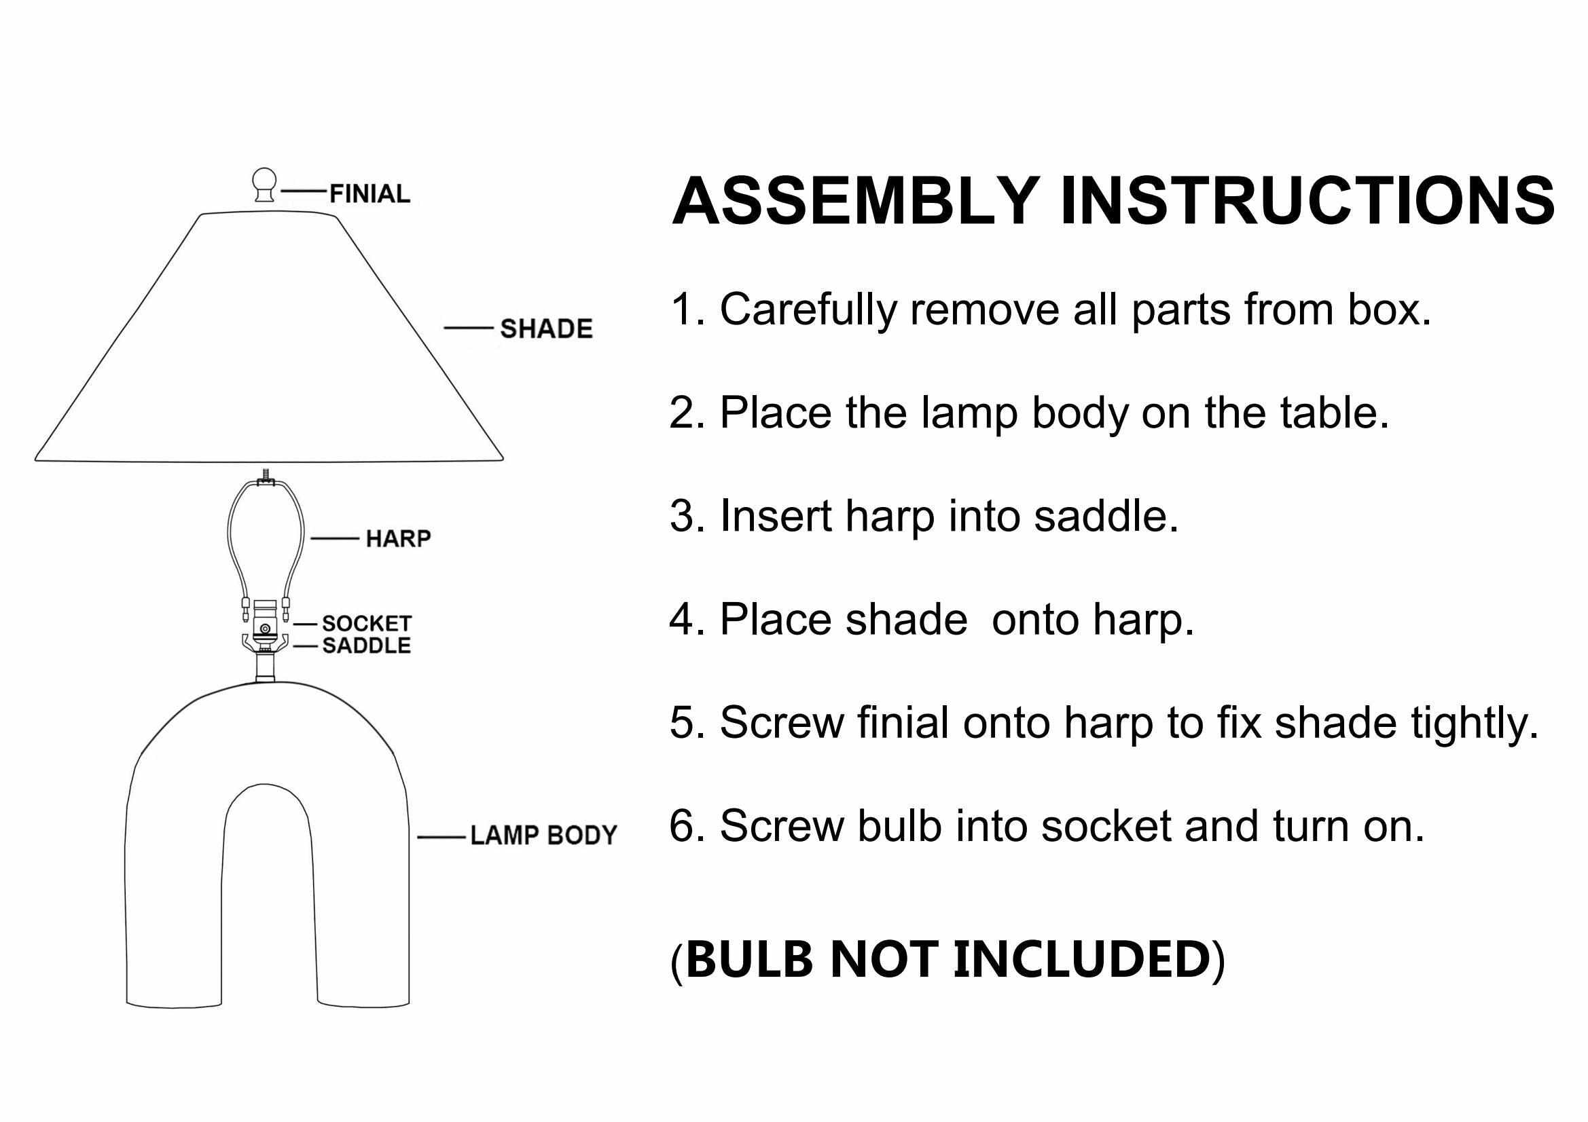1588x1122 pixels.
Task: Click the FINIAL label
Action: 369,194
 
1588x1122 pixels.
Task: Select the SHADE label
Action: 546,329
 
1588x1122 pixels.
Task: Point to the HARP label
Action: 398,538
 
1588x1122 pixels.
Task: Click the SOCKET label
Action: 367,624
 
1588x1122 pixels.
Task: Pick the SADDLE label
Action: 367,646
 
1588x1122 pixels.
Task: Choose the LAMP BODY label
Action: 543,836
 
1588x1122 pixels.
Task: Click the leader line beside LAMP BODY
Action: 441,838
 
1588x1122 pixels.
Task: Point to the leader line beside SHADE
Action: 467,329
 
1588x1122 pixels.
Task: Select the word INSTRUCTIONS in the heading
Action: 1307,202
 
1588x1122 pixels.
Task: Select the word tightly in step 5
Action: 1474,723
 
